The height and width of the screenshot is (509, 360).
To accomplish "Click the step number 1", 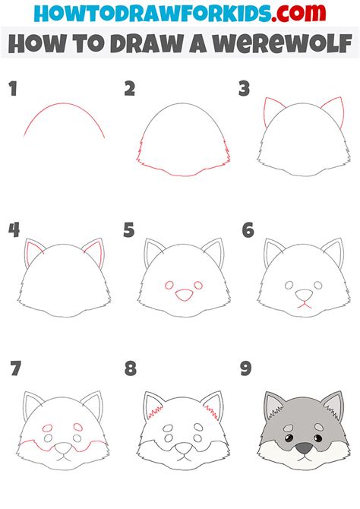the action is click(13, 89).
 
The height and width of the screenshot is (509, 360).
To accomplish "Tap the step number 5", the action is click(129, 230).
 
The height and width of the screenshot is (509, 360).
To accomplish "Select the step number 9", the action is click(246, 368).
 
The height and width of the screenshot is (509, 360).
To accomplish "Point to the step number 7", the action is click(15, 368).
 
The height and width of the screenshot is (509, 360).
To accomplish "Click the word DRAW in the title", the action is click(147, 43).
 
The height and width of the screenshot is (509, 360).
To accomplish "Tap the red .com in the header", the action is click(298, 14).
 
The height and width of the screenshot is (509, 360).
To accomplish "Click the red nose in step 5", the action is click(184, 295).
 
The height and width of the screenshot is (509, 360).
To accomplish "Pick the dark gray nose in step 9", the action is click(304, 449).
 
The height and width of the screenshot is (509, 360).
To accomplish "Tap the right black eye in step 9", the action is click(317, 438).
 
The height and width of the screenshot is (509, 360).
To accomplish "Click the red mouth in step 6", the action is click(304, 305).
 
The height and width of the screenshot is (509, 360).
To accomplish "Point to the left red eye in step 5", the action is click(169, 286).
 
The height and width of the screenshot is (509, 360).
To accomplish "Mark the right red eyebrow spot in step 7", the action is click(78, 426).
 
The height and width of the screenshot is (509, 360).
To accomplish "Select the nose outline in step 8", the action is click(184, 449).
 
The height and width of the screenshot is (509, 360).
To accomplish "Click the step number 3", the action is click(244, 89).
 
